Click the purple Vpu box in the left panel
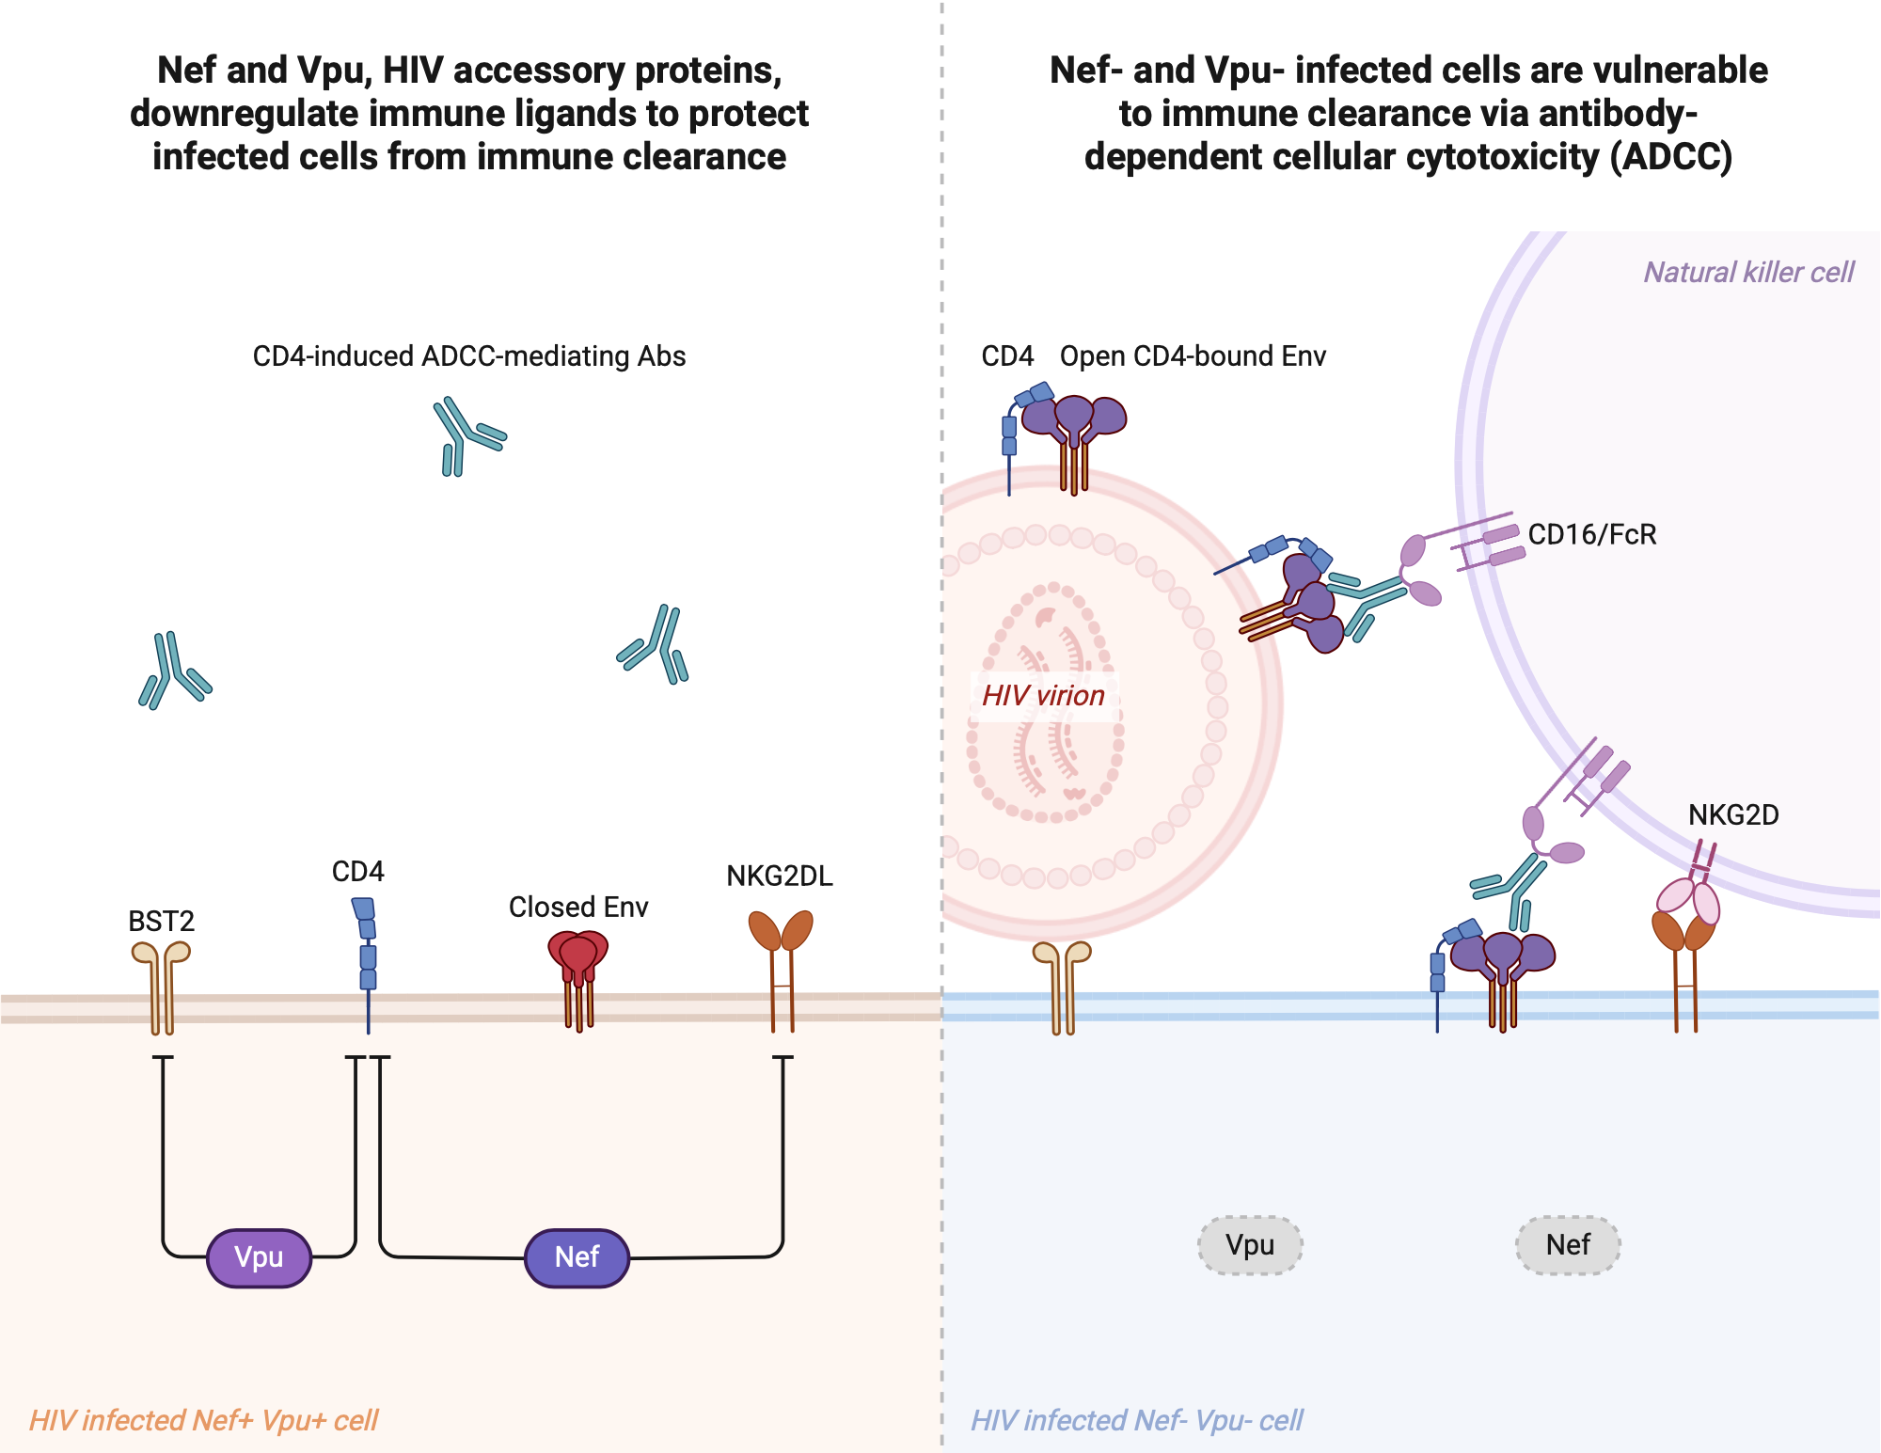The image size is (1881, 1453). pyautogui.click(x=259, y=1257)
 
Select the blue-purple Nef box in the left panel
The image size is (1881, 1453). pyautogui.click(x=577, y=1257)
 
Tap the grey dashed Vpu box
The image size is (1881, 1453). pyautogui.click(x=1250, y=1245)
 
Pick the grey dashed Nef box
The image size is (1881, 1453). pyautogui.click(x=1568, y=1245)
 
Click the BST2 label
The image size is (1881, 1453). pyautogui.click(x=161, y=921)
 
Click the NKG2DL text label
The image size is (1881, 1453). pyautogui.click(x=780, y=876)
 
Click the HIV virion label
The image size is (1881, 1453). pyautogui.click(x=1043, y=696)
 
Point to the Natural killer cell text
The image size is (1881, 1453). pyautogui.click(x=1748, y=273)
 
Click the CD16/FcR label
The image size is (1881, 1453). pyautogui.click(x=1591, y=534)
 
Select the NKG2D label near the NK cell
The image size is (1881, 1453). pyautogui.click(x=1733, y=814)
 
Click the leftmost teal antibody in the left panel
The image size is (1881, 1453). pyautogui.click(x=173, y=670)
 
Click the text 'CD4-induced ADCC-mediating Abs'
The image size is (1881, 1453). pyautogui.click(x=468, y=356)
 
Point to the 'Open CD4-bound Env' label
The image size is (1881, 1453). pyautogui.click(x=1193, y=356)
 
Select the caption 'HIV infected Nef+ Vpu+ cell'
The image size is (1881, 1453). pyautogui.click(x=203, y=1420)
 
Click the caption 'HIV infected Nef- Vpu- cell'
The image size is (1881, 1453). pyautogui.click(x=1136, y=1420)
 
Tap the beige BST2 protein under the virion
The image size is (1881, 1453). pyautogui.click(x=1062, y=983)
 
